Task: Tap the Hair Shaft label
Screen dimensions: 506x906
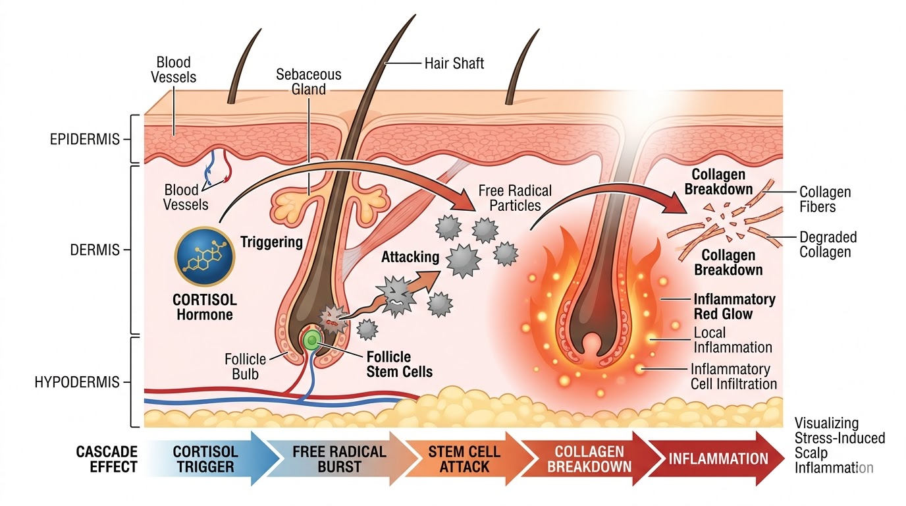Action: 454,63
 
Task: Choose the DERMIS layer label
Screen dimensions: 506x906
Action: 94,250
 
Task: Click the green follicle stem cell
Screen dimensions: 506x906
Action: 311,339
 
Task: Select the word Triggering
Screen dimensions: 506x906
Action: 271,242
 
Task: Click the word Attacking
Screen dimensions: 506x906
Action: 410,257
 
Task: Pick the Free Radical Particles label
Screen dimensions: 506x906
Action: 515,198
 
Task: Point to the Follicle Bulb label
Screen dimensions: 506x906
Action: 245,367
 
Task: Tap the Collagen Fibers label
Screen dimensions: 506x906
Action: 825,200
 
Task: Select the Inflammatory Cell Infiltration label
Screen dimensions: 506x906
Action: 733,376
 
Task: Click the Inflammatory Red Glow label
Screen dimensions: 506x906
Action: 734,306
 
